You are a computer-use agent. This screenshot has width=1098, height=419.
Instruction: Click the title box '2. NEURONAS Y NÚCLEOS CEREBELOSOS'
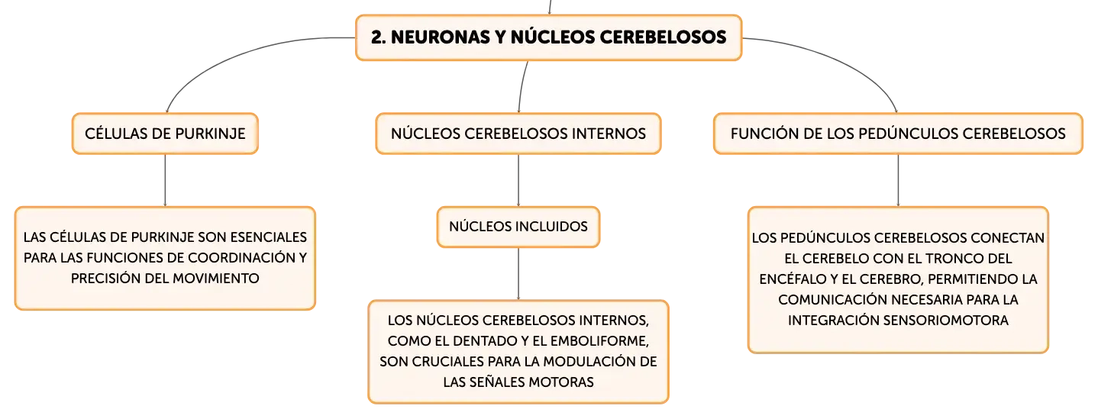pos(548,37)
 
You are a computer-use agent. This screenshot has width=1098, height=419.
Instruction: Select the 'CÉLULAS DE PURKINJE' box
pos(165,134)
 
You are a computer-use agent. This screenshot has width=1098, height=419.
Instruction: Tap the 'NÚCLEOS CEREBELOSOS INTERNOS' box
pos(518,134)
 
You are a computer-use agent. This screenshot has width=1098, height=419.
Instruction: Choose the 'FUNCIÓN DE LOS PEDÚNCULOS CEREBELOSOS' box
pos(898,134)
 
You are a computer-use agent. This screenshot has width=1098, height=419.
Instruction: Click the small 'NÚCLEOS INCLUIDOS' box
pos(518,227)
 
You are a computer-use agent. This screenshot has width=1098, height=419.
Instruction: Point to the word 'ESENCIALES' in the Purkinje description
pos(269,237)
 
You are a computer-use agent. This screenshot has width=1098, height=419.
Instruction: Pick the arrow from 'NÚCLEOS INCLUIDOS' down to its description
pos(518,273)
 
